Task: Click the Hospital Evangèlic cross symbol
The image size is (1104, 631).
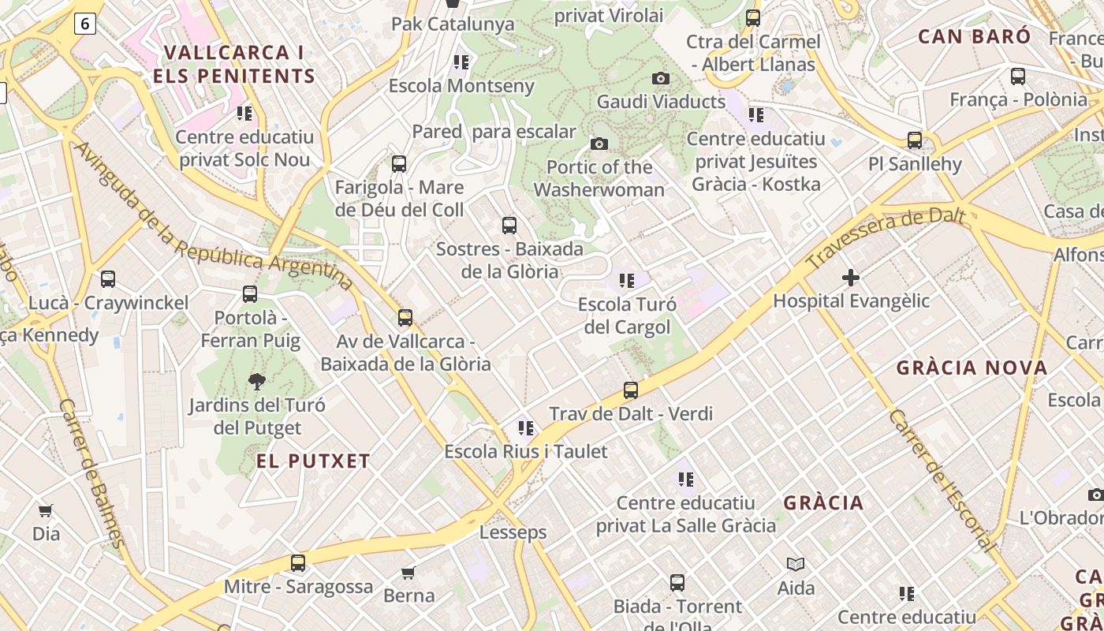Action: coord(851,278)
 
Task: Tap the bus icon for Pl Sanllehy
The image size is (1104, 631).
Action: coord(915,140)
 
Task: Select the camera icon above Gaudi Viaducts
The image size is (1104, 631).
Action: coord(661,78)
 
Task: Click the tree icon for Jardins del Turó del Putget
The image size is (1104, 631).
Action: coord(256,383)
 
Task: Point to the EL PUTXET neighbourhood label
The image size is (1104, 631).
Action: coord(313,461)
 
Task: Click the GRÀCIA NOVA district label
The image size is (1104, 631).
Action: coord(972,368)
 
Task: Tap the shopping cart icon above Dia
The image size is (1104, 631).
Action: coord(46,511)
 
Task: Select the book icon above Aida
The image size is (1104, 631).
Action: coord(796,564)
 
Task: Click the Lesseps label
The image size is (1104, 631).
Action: coord(513,532)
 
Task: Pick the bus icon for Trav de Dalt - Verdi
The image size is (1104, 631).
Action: coord(630,390)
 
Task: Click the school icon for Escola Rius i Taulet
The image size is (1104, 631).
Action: coord(526,428)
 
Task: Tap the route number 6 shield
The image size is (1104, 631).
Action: coord(85,24)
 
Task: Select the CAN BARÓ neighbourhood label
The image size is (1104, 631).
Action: coord(974,36)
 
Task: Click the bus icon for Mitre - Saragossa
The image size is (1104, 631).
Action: coord(298,563)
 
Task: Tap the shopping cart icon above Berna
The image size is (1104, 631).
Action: coord(408,573)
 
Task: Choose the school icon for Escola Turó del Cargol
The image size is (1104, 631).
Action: coord(627,281)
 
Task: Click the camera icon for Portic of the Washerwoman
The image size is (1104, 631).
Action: coord(599,144)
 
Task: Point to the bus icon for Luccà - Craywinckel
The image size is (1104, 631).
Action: coord(108,279)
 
